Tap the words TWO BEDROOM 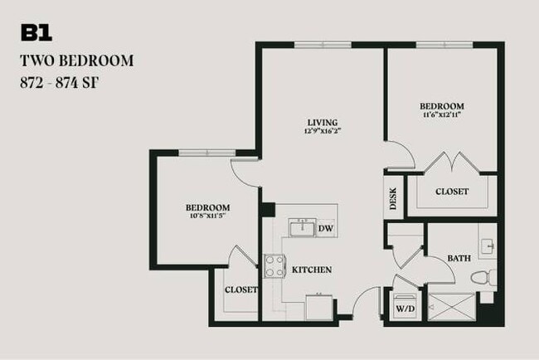click(76, 61)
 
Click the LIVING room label click(323, 123)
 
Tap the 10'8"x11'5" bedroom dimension click(206, 216)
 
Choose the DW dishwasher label click(325, 228)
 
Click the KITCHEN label click(312, 270)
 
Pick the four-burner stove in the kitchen click(274, 265)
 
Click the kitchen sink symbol click(300, 227)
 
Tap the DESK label click(393, 199)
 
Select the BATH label click(459, 259)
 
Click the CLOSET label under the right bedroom click(453, 192)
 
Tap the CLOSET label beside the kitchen click(241, 290)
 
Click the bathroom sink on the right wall click(489, 246)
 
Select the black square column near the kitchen click(268, 210)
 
